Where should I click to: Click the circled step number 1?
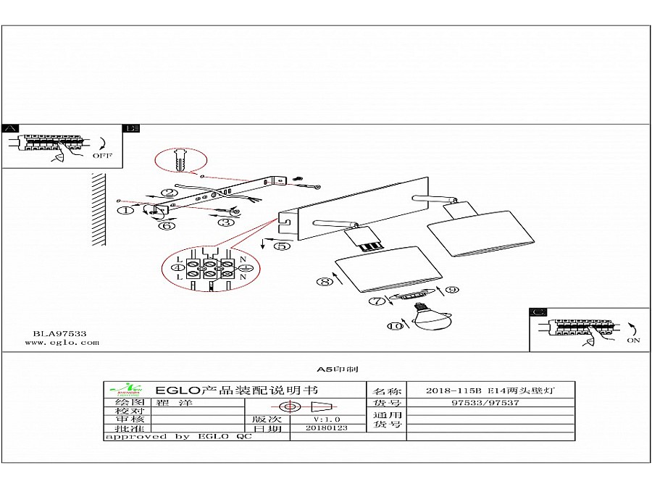pyautogui.click(x=125, y=210)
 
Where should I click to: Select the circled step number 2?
pyautogui.click(x=169, y=193)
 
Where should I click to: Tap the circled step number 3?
pyautogui.click(x=225, y=222)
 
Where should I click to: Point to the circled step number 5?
pyautogui.click(x=282, y=246)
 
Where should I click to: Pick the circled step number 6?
pyautogui.click(x=167, y=225)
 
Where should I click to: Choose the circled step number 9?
pyautogui.click(x=451, y=290)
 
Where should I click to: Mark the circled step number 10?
pyautogui.click(x=394, y=327)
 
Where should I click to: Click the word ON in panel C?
pyautogui.click(x=634, y=340)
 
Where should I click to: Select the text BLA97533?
pyautogui.click(x=59, y=334)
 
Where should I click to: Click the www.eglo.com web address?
pyautogui.click(x=66, y=343)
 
